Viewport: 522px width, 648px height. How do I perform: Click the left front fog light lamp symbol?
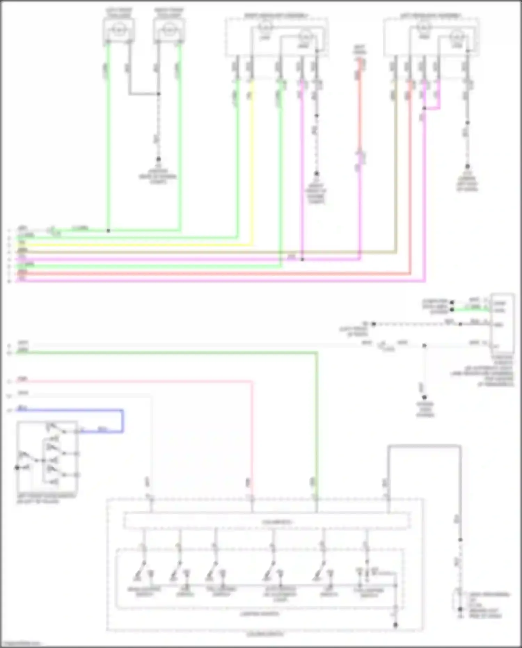pos(119,30)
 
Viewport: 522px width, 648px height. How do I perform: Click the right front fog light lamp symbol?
pos(169,30)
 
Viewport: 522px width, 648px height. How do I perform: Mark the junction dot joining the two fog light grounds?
pos(158,94)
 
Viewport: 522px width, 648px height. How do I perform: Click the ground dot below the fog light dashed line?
pos(158,159)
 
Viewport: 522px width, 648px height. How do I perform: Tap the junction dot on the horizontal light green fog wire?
pos(108,231)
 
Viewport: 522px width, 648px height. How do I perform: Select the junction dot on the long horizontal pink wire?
pos(302,259)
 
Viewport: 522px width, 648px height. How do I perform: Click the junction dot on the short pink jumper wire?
pos(424,108)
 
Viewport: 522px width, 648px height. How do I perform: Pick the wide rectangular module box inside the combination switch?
pos(266,521)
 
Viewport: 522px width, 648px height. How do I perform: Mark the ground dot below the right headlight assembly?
pos(316,173)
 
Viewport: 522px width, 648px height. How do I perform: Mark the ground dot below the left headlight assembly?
pos(467,166)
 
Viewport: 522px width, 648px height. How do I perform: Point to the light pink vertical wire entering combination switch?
pos(252,435)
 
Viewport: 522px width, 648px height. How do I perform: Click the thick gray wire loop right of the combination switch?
pos(425,446)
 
